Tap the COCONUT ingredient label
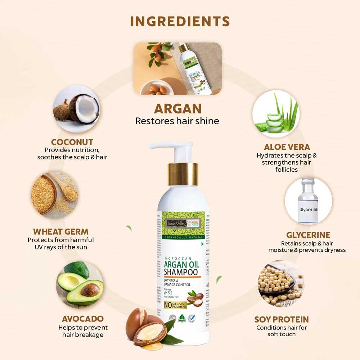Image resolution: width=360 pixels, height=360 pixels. click(x=72, y=142)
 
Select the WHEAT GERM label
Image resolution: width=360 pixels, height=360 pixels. click(x=60, y=231)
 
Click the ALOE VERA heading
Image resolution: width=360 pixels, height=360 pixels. click(x=287, y=147)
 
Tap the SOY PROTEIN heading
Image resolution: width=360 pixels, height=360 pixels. click(x=282, y=319)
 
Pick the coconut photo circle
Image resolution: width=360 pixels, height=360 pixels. click(x=76, y=107)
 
